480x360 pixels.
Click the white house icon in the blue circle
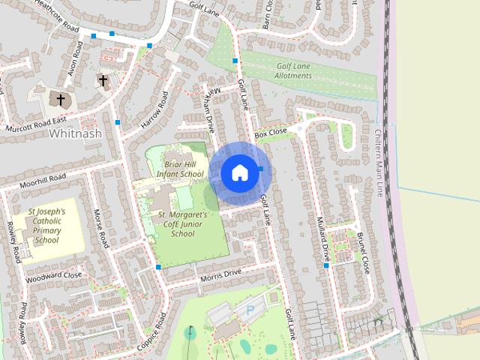239,172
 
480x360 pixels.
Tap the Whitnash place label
74,133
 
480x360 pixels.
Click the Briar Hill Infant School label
180,169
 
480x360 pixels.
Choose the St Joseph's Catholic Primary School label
46,226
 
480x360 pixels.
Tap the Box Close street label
271,133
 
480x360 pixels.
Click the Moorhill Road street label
43,179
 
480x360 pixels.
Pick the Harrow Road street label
155,109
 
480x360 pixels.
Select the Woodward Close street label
52,275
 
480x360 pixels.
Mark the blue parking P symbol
250,308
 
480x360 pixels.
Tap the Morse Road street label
100,228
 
